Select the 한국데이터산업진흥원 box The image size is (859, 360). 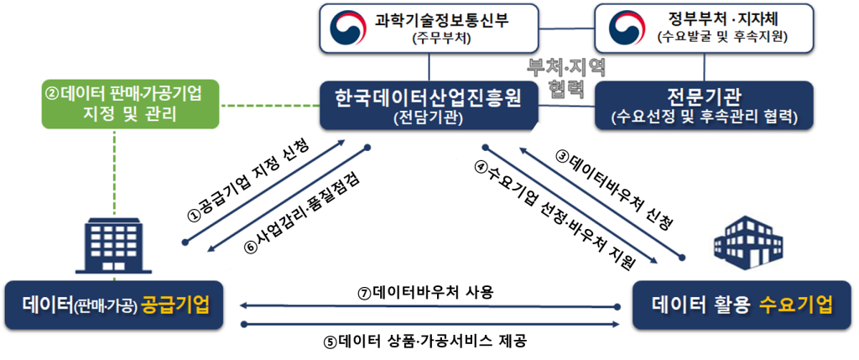pyautogui.click(x=429, y=105)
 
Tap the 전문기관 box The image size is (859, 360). pyautogui.click(x=704, y=105)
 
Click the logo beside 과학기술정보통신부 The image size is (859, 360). pyautogui.click(x=347, y=28)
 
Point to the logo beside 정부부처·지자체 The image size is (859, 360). pyautogui.click(x=626, y=28)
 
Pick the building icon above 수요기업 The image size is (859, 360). pyautogui.click(x=750, y=243)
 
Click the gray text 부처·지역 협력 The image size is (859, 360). pyautogui.click(x=565, y=77)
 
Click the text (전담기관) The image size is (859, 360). pyautogui.click(x=429, y=117)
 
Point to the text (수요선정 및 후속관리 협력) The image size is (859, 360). pyautogui.click(x=704, y=117)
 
